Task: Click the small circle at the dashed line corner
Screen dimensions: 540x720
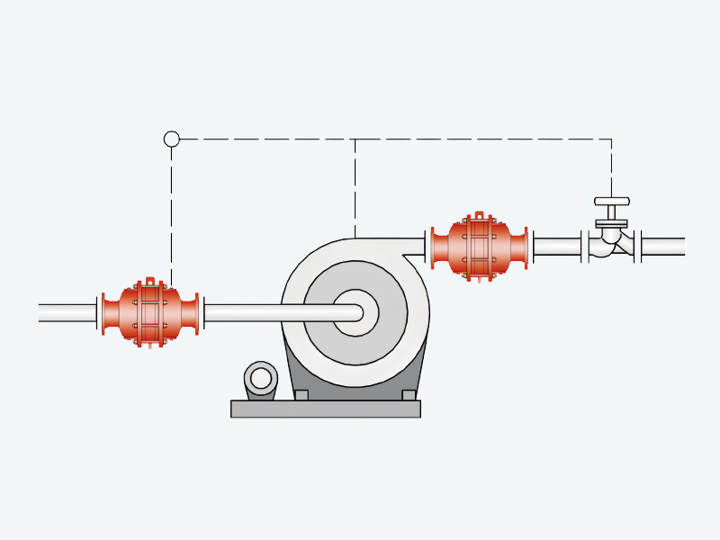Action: [171, 139]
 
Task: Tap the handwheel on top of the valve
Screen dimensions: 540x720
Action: [612, 202]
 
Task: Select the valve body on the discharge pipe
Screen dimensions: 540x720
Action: [611, 241]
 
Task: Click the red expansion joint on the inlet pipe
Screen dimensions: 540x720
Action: [150, 313]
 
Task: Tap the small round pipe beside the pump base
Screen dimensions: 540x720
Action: [261, 378]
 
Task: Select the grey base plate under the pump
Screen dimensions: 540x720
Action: [326, 409]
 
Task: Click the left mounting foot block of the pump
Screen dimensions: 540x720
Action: [301, 394]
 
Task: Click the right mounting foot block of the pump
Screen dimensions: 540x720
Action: [409, 394]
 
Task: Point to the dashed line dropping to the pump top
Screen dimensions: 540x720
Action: [355, 189]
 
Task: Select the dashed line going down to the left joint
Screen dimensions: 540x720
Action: [171, 216]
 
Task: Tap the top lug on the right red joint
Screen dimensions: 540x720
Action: [479, 216]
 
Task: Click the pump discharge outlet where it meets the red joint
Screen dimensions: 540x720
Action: [416, 246]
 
